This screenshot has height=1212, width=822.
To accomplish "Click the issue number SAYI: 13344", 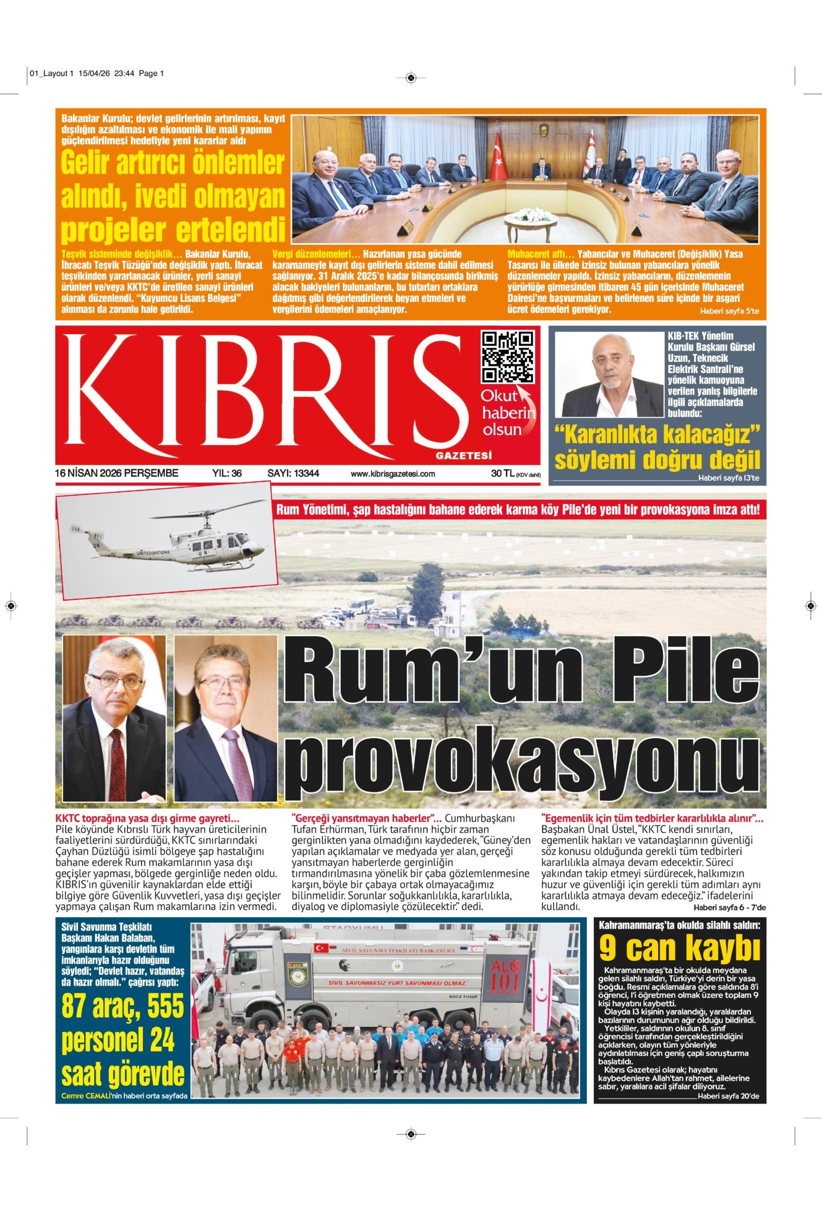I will [293, 473].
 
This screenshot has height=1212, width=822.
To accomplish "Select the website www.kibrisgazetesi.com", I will [392, 474].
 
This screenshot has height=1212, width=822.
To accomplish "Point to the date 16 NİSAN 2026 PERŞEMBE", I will [117, 473].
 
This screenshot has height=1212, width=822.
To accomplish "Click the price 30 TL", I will [502, 473].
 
